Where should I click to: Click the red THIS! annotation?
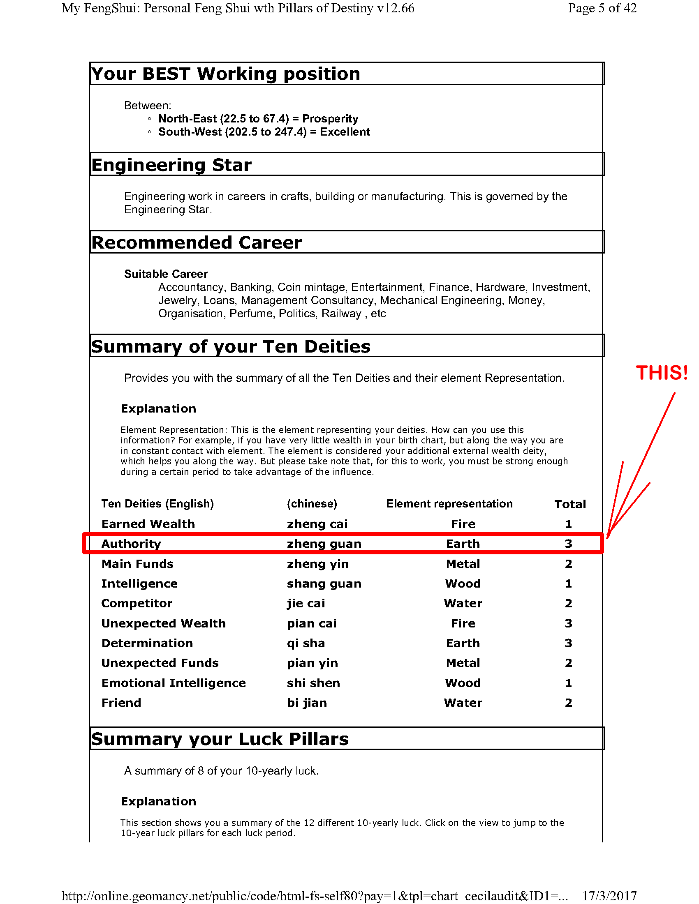coord(662,373)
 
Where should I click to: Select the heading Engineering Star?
coord(171,165)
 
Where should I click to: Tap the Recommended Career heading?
coord(196,242)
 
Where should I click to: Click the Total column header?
coord(570,504)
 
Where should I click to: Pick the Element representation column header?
coord(449,504)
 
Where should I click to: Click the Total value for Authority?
coord(568,544)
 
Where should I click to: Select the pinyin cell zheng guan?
coord(324,544)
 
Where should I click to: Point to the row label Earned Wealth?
coord(148,524)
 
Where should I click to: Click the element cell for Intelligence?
coord(463,583)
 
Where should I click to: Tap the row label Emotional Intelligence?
coord(174,683)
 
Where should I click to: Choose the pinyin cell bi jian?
coord(307,703)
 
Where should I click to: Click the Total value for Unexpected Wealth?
coord(568,623)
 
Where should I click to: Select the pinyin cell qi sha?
coord(306,643)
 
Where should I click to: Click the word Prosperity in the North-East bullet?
coord(330,119)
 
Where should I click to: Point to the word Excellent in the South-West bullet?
coord(345,132)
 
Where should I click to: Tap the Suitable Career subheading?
coord(166,274)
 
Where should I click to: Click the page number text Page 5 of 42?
coord(602,8)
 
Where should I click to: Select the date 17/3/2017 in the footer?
coord(609,896)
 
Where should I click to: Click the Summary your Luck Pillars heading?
coord(220,739)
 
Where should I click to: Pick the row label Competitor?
coord(137,604)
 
